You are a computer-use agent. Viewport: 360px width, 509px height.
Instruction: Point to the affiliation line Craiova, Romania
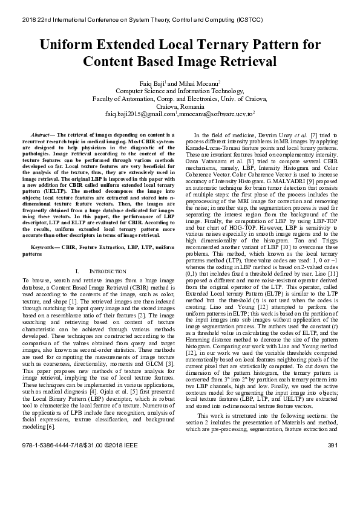coord(180,105)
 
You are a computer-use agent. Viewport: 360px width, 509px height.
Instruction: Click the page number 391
coord(332,495)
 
